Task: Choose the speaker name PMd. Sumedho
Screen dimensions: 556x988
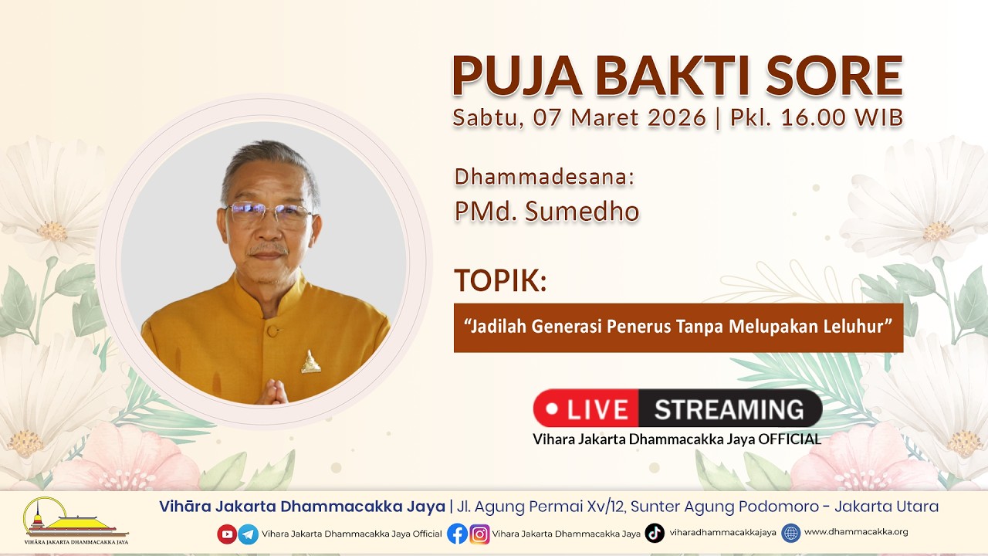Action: click(x=546, y=212)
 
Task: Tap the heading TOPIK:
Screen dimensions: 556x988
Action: click(x=500, y=281)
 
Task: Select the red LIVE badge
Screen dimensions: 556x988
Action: click(x=586, y=409)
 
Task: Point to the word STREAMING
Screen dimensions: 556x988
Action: click(x=729, y=409)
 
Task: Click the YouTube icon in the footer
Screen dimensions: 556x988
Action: click(x=227, y=534)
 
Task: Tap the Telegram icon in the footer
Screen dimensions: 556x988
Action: click(x=248, y=534)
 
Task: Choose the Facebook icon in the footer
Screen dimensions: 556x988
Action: click(x=457, y=534)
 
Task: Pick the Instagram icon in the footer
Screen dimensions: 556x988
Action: click(x=479, y=534)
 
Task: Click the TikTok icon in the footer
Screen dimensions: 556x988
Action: click(x=655, y=533)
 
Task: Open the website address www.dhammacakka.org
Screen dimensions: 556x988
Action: click(x=855, y=532)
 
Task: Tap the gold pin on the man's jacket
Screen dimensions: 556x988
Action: click(x=311, y=362)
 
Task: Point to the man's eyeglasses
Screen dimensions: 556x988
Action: click(x=270, y=214)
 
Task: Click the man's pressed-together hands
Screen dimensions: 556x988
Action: click(x=272, y=392)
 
